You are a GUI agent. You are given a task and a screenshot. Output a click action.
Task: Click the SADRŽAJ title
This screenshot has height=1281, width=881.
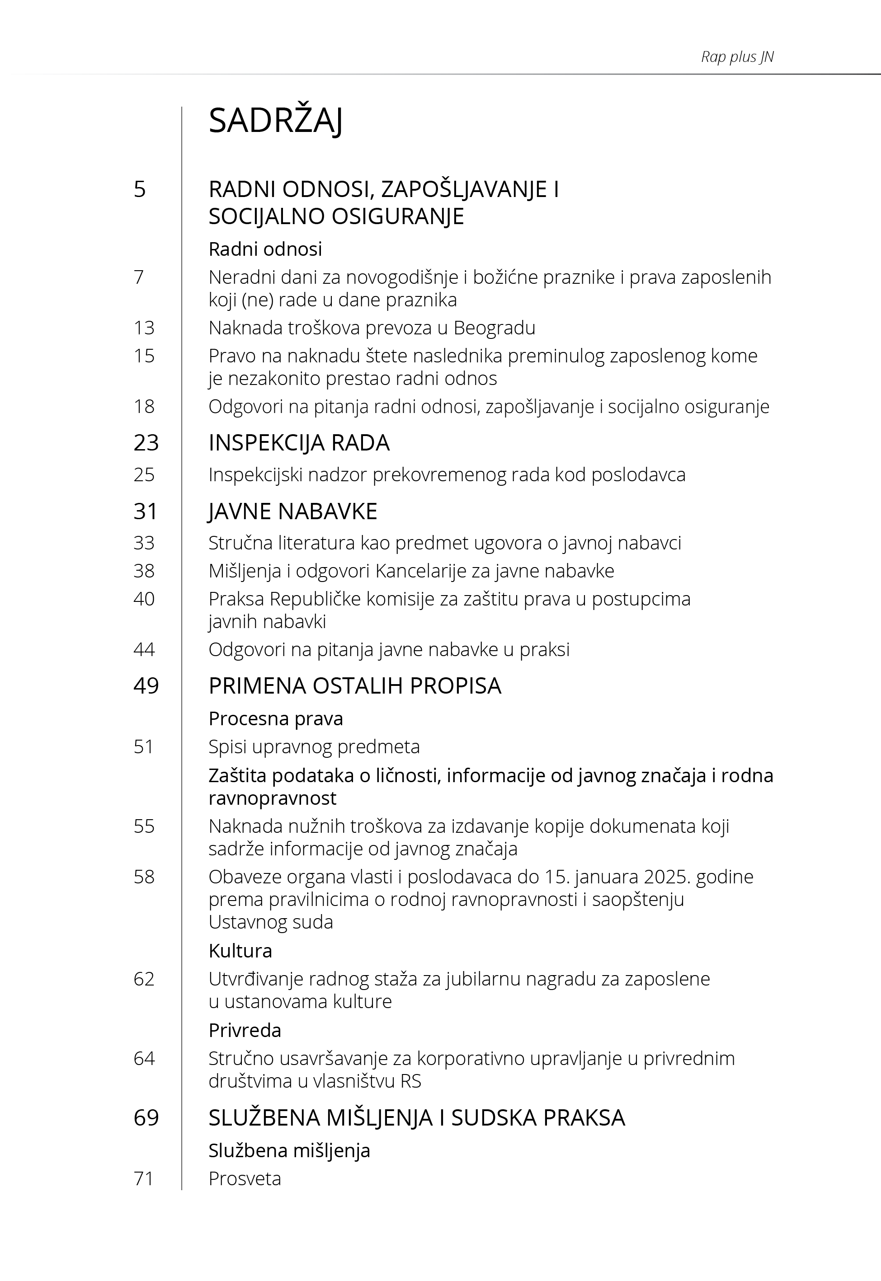[275, 121]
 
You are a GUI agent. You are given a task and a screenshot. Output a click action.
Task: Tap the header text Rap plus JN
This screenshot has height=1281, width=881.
[737, 57]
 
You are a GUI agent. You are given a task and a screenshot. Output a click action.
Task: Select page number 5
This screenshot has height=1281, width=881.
[140, 189]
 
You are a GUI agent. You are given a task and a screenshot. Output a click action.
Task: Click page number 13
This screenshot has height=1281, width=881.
[144, 328]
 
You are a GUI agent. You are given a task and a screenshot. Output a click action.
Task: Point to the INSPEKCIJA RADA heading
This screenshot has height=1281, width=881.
[299, 443]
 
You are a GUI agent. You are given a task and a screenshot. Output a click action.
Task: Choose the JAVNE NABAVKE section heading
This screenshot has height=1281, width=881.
[292, 511]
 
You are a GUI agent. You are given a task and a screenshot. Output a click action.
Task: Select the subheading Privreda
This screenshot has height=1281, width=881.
[245, 1030]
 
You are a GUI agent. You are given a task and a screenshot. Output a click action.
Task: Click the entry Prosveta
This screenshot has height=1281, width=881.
[245, 1178]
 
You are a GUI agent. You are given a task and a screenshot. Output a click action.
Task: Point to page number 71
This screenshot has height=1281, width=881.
[144, 1178]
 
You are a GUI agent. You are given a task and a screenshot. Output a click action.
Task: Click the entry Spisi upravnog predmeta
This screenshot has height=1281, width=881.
[314, 746]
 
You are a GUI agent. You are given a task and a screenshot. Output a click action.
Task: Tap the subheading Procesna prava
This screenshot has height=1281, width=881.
[275, 718]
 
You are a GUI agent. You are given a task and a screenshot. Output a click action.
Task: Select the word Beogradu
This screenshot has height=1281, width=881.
[494, 328]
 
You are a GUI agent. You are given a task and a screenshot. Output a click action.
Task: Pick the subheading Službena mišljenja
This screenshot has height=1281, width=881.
[289, 1150]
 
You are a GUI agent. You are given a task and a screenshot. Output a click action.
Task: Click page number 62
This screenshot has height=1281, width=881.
[144, 979]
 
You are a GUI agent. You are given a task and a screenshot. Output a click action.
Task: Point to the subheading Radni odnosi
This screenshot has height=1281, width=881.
[265, 249]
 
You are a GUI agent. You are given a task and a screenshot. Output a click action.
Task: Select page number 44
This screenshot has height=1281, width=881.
[144, 649]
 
